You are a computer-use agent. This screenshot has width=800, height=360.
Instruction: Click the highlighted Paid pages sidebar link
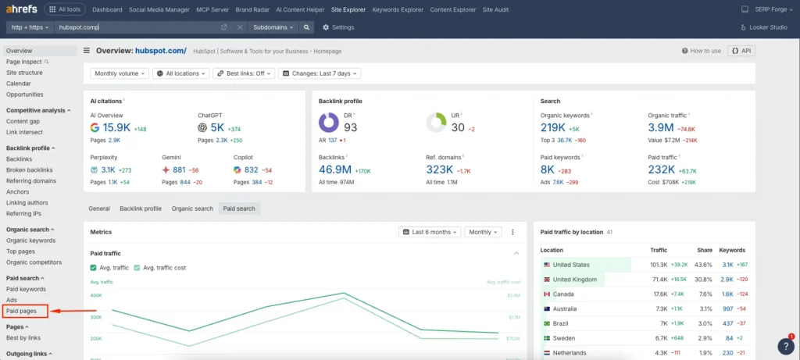pos(22,311)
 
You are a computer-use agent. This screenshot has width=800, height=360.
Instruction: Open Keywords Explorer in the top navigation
pos(398,10)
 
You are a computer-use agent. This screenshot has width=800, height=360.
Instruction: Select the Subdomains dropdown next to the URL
pos(273,27)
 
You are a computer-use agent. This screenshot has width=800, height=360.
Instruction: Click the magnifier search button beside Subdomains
pos(307,27)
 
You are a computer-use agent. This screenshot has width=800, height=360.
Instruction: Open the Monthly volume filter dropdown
pos(120,73)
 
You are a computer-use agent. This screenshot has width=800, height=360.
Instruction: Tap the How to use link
pos(702,51)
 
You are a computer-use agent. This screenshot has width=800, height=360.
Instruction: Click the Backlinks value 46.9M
pos(335,169)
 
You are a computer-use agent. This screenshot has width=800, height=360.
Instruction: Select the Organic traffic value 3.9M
pos(661,127)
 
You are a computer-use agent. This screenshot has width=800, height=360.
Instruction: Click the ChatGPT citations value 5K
pos(216,127)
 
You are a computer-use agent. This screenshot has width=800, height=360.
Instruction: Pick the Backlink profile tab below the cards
pos(141,209)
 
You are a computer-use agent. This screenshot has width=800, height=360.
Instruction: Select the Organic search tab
pos(192,209)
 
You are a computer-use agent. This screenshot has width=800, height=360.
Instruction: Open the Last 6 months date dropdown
pos(429,232)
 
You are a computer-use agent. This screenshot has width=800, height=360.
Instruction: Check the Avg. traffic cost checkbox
pos(137,268)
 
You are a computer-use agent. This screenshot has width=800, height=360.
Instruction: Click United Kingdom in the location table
pos(574,279)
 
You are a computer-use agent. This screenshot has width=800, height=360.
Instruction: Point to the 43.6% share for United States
pos(704,265)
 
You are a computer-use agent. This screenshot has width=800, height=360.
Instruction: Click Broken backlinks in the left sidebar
pos(30,169)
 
